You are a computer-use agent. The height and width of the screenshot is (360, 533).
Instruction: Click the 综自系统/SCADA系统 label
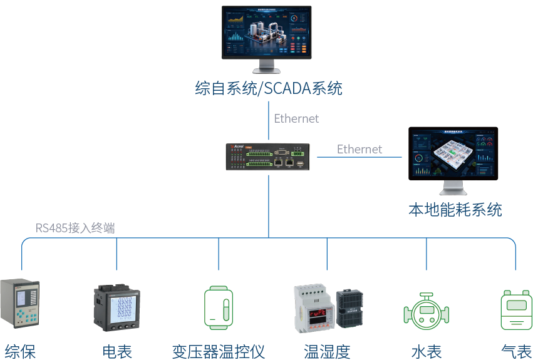(269, 88)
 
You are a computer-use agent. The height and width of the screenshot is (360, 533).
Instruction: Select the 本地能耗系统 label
(455, 209)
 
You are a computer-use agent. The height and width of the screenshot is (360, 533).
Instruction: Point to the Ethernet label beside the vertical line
(296, 118)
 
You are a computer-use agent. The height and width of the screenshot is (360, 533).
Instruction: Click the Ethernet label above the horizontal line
(359, 149)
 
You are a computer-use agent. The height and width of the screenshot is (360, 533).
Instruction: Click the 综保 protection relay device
(19, 304)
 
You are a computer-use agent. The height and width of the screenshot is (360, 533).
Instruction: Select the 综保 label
(20, 351)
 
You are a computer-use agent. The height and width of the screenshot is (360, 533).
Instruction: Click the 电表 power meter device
(117, 308)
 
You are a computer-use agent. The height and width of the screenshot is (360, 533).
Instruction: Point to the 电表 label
(117, 351)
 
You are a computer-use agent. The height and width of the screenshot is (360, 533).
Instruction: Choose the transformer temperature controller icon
(219, 307)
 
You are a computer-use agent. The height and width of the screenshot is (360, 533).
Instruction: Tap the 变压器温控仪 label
(219, 351)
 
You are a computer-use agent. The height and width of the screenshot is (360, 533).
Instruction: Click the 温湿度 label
(327, 351)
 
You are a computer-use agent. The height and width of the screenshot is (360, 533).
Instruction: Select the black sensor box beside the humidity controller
(349, 308)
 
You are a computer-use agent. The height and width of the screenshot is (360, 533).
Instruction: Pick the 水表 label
(427, 351)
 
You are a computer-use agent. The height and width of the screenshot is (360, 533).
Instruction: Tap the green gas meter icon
(516, 309)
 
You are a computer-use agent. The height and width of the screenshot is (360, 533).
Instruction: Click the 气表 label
(516, 351)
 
